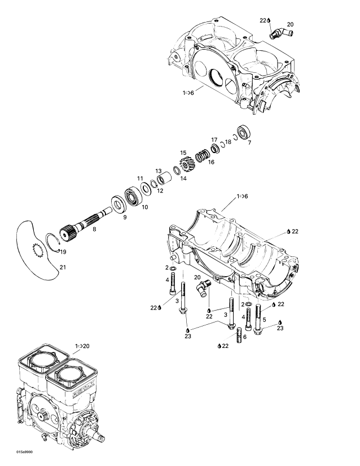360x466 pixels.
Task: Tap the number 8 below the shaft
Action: click(94, 229)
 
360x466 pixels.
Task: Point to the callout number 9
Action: click(125, 216)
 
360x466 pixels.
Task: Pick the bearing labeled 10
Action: click(134, 197)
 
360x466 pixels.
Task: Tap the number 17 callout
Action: click(214, 140)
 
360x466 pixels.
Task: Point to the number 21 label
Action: click(63, 267)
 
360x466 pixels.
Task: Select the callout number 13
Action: click(159, 171)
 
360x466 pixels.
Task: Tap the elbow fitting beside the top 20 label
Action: click(278, 34)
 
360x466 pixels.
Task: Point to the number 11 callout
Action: click(139, 178)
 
